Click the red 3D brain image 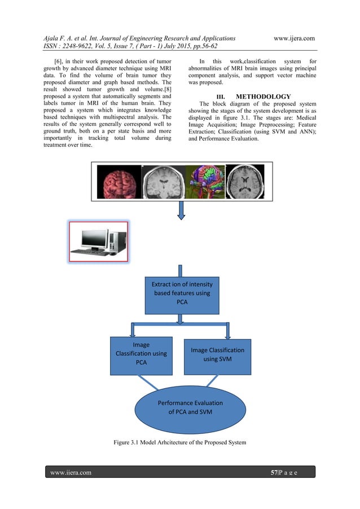coord(119,182)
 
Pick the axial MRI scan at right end coord(245,182)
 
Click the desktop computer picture coord(98,242)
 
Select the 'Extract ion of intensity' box coord(182,295)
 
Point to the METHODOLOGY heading coord(263,96)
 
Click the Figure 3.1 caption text coord(180,442)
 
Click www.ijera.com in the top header coord(293,38)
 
